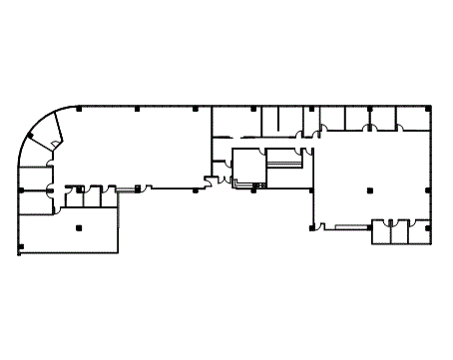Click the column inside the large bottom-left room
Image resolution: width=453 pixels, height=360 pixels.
click(x=79, y=227)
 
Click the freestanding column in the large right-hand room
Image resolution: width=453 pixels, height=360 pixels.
click(x=369, y=188)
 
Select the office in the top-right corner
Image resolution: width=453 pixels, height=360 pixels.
click(x=413, y=119)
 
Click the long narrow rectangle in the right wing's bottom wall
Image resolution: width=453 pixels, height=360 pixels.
click(x=351, y=226)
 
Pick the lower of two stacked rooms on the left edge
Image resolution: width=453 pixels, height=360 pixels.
click(x=36, y=201)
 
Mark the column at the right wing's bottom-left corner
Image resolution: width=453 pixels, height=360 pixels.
click(x=311, y=227)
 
